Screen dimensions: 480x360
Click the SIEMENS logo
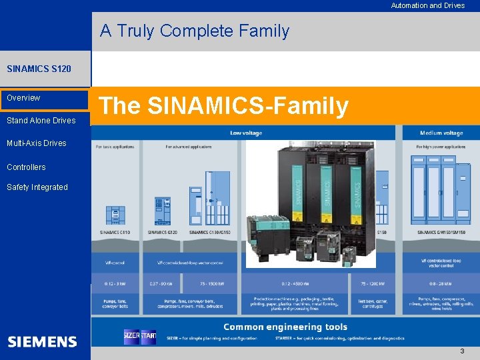(42, 342)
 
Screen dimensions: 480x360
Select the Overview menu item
(23, 98)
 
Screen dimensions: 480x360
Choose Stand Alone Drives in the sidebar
(41, 121)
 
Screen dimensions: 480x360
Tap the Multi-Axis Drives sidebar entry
(37, 143)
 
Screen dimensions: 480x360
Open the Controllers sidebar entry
(26, 167)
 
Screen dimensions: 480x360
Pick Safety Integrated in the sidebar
(37, 187)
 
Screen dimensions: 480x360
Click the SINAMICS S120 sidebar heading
(39, 69)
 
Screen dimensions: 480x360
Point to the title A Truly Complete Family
(195, 31)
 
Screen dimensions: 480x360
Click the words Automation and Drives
(427, 5)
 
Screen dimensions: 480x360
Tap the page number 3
(462, 351)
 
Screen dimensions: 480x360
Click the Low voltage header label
(246, 133)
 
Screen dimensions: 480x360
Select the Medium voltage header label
(441, 133)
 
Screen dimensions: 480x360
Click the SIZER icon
(131, 337)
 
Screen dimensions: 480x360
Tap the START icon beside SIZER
(148, 337)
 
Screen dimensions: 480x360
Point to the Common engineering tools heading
(285, 327)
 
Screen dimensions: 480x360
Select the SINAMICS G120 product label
(162, 233)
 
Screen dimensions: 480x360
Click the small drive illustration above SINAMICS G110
(115, 214)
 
